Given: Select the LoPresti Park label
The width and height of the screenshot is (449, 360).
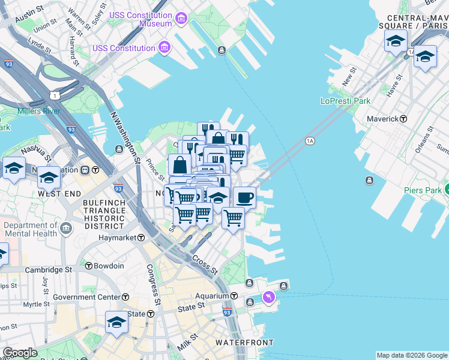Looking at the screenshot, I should pyautogui.click(x=345, y=101).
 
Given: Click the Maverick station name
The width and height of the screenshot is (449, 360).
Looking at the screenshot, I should pyautogui.click(x=382, y=119).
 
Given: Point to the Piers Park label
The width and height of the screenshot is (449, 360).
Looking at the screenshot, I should pyautogui.click(x=423, y=190).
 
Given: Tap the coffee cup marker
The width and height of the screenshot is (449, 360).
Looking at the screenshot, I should pyautogui.click(x=244, y=197).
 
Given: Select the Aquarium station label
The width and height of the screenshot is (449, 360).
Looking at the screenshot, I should pyautogui.click(x=212, y=296).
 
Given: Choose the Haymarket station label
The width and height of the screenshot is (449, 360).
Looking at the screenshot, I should pyautogui.click(x=117, y=238).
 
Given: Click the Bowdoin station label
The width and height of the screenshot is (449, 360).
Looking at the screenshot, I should pyautogui.click(x=109, y=266).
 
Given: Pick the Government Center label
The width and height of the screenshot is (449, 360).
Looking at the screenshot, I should pyautogui.click(x=86, y=297).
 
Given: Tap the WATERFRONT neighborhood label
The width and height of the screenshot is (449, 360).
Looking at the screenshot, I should pyautogui.click(x=244, y=343).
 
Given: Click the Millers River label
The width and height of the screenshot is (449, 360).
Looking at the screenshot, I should pyautogui.click(x=38, y=111).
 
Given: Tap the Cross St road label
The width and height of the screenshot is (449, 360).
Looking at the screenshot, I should pyautogui.click(x=205, y=265).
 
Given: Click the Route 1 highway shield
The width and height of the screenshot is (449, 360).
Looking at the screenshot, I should pyautogui.click(x=55, y=95).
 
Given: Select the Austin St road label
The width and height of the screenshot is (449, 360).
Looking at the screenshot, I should pyautogui.click(x=29, y=15).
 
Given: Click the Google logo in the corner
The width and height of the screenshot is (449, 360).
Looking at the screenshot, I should pyautogui.click(x=20, y=352).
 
